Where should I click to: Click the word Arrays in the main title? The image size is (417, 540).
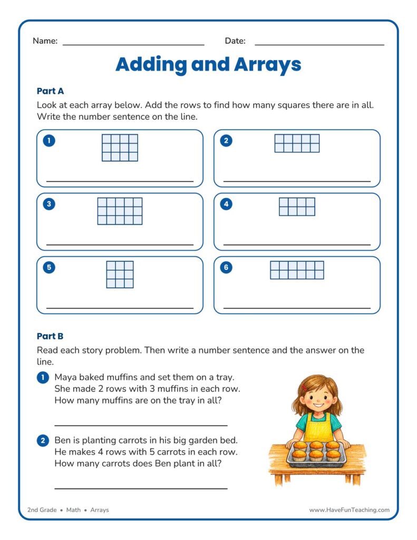click(x=268, y=65)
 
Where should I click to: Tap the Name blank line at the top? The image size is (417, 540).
click(x=133, y=45)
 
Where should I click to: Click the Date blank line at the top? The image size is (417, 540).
click(x=319, y=45)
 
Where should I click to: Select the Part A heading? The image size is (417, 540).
click(x=50, y=91)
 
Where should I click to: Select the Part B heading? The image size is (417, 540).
click(x=50, y=336)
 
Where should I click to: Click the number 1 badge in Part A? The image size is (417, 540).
click(x=49, y=140)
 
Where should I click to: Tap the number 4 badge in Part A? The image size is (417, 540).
click(x=226, y=204)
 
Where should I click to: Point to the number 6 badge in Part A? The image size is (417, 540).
click(x=226, y=267)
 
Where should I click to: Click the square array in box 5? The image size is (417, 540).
click(x=120, y=274)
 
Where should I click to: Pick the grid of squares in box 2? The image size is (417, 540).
click(x=297, y=143)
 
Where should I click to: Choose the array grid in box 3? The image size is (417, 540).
click(x=120, y=211)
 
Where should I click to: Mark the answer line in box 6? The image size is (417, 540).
click(x=297, y=308)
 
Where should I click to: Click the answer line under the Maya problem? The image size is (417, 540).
click(x=141, y=426)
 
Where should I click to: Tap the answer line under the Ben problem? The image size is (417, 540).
click(x=141, y=488)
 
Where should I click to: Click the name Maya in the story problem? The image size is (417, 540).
click(x=65, y=378)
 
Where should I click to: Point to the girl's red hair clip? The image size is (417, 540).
click(x=304, y=387)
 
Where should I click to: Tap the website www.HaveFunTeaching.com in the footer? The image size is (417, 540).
click(x=349, y=510)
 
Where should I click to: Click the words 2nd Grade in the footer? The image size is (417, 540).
click(x=42, y=510)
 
